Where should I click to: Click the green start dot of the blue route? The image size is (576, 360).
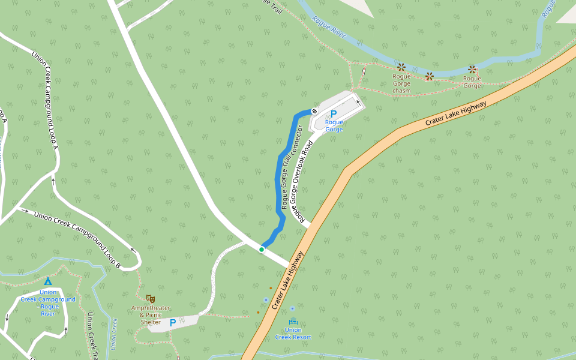coord(262,249)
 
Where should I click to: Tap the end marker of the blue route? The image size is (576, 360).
coord(314,111)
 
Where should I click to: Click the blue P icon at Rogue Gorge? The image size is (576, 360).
coord(334,113)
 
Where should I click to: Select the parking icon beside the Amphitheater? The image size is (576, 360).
coord(173,323)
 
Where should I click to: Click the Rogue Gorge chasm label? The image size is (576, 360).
coord(401,83)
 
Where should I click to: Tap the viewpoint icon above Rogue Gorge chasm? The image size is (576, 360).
coord(401,67)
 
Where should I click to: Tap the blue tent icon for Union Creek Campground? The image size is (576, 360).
coord(48,281)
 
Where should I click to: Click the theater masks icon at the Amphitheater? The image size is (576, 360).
coord(151,298)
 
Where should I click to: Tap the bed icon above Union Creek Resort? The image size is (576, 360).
coord(293,322)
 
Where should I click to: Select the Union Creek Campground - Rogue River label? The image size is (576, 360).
coord(48,302)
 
